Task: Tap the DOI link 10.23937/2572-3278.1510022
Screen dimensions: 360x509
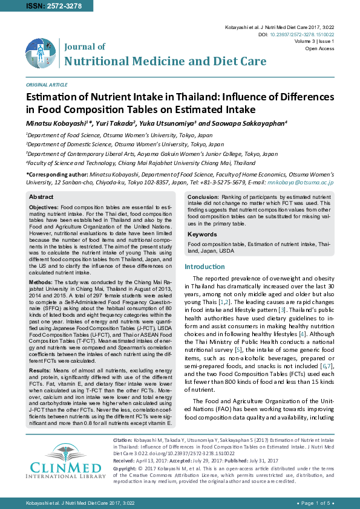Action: [301, 34]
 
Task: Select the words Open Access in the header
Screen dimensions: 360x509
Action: [321, 48]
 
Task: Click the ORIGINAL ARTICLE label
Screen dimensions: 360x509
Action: [47, 85]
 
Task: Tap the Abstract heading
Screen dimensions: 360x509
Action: [41, 197]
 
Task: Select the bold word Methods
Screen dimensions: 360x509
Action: [41, 282]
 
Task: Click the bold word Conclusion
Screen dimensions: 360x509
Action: [203, 197]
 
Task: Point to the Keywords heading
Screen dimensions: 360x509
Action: [202, 234]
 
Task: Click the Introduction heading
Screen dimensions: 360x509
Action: [205, 267]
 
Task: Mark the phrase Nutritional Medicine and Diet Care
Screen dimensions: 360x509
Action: [165, 61]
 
